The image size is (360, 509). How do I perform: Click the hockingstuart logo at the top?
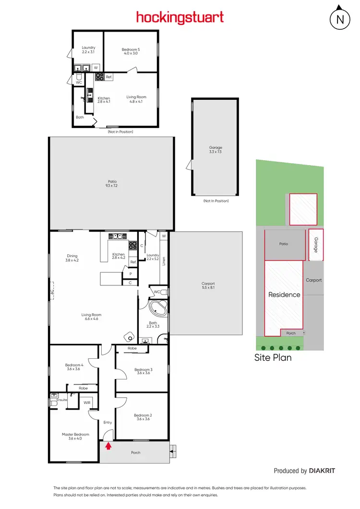(180, 18)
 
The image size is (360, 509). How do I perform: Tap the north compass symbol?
(340, 19)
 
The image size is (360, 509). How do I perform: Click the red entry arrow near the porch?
(108, 446)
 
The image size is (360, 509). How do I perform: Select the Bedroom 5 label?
(130, 51)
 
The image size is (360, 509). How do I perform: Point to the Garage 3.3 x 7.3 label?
(216, 150)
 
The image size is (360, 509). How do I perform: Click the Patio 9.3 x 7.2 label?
(112, 183)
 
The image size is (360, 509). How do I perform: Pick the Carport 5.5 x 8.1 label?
(208, 285)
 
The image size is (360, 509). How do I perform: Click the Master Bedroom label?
(75, 437)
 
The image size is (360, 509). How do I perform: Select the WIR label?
(87, 403)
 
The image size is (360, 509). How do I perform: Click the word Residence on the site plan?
(284, 295)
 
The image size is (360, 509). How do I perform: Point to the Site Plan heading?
(273, 357)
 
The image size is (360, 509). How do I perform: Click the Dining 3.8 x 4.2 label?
(72, 258)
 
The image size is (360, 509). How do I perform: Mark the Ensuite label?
(62, 399)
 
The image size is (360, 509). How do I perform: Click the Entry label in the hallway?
(108, 422)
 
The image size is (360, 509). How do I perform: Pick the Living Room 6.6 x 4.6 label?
(91, 317)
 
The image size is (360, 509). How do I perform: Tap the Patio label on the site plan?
(284, 244)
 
